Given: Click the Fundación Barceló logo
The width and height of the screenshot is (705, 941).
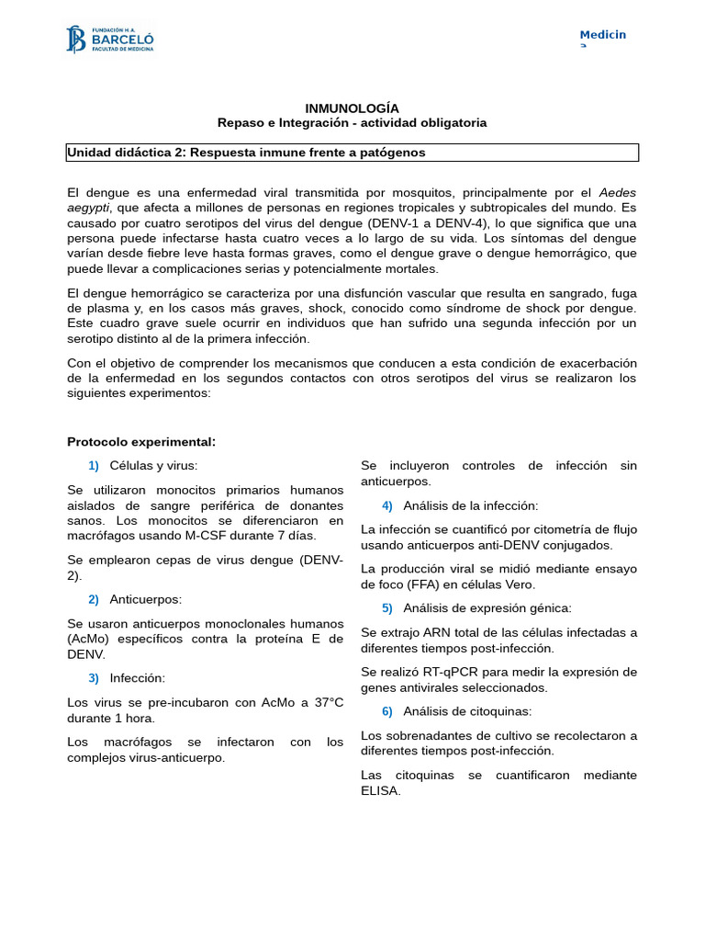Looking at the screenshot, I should coord(109,40).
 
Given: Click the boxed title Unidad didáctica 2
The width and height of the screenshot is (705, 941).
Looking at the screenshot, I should coord(246,153).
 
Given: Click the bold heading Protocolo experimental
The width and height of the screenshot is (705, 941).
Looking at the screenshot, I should coord(141,442).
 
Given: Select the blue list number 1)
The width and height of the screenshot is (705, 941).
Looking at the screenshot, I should coord(94,466).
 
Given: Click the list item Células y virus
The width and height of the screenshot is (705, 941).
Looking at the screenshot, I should coord(153,466).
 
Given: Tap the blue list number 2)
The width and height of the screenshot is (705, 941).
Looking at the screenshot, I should coord(94,599).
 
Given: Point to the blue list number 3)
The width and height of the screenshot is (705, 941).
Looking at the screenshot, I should coord(94,678).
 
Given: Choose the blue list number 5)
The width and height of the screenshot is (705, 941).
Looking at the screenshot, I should coord(386,608).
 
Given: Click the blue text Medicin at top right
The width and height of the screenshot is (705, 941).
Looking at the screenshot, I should coord(602,35).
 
